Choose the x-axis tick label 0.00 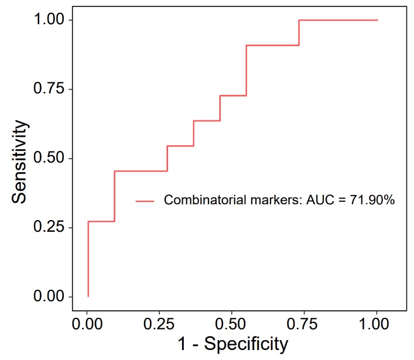(x=87, y=323)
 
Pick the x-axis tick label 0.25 (x=159, y=323)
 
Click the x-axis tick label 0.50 (x=231, y=323)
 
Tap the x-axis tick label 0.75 (x=304, y=323)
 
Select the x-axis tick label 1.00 (x=376, y=323)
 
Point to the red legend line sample (x=145, y=201)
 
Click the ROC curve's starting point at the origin (x=88, y=296)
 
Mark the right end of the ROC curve (x=377, y=20)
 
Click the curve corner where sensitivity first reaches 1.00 (x=299, y=20)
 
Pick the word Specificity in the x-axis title (x=253, y=344)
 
